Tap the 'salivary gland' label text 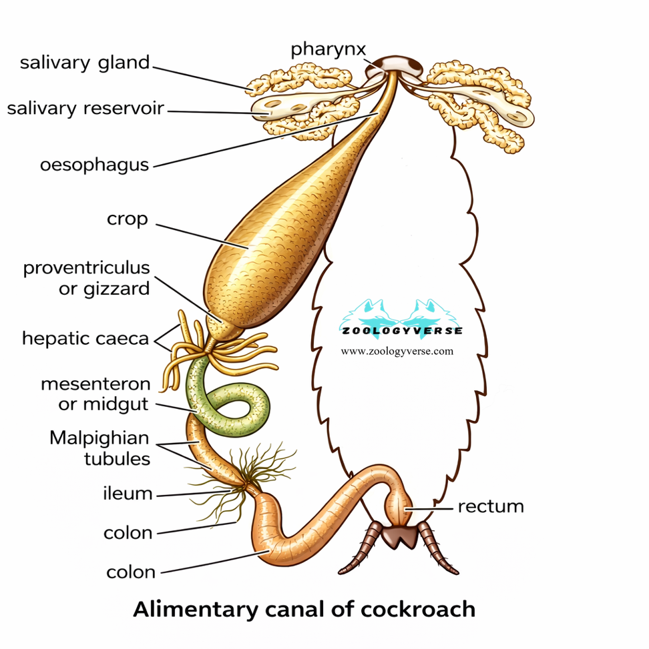[x=85, y=63]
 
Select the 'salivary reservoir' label [x=85, y=108]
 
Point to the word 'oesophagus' [x=94, y=165]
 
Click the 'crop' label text [x=128, y=219]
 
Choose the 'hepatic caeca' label [x=85, y=338]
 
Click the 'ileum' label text [x=128, y=494]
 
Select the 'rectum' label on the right [x=491, y=506]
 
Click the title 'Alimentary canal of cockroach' [x=304, y=610]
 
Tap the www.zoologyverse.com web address [x=397, y=351]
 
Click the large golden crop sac [x=280, y=227]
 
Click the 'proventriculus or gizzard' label [x=87, y=278]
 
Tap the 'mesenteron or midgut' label [x=95, y=395]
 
